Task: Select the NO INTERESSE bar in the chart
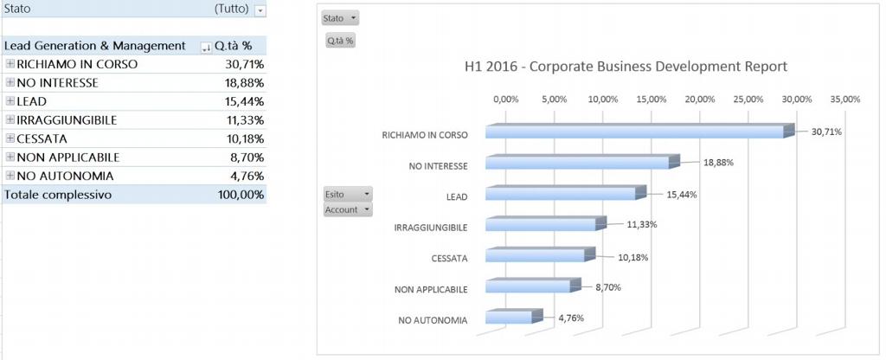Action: (578, 163)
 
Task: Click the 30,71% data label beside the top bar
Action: (826, 132)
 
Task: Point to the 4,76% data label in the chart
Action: (571, 318)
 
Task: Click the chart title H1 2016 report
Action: (626, 67)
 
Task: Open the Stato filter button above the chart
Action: (340, 18)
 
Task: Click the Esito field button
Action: (348, 195)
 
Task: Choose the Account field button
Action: (348, 209)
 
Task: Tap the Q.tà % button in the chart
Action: (340, 41)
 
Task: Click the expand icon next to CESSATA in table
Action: (10, 138)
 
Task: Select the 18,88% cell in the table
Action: (245, 83)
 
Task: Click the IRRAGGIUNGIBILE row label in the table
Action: (67, 119)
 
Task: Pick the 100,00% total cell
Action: (241, 196)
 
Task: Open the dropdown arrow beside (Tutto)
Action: (260, 10)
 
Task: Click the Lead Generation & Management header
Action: (95, 46)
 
